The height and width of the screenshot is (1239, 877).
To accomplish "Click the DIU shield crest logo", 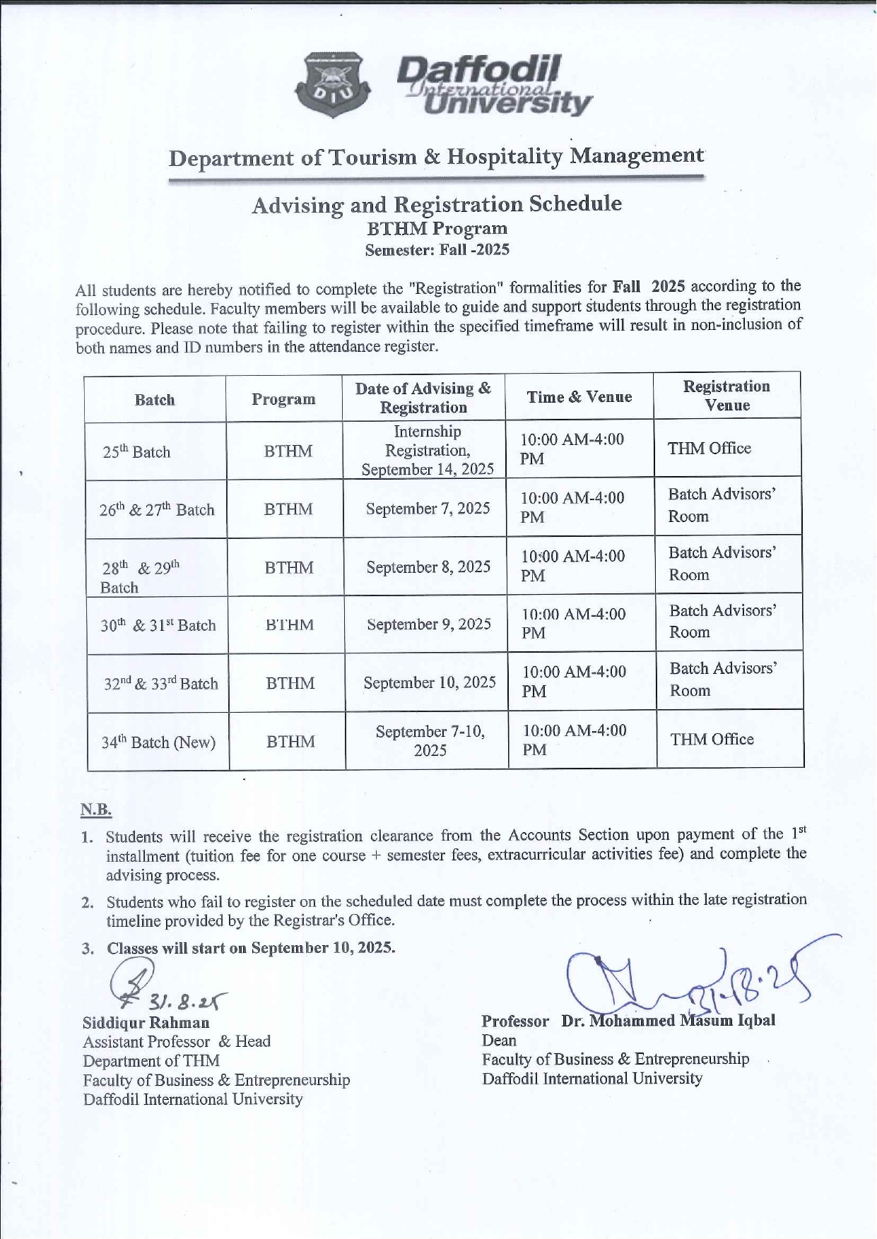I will (334, 85).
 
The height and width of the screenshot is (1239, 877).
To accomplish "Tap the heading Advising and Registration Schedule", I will (437, 204).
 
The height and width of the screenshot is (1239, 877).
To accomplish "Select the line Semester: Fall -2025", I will (437, 249).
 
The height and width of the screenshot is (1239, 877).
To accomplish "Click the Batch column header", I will (155, 400).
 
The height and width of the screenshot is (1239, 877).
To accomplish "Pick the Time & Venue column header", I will (579, 397).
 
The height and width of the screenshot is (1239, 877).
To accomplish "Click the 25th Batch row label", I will (136, 451).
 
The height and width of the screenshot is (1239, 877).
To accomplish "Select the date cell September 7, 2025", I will (428, 509).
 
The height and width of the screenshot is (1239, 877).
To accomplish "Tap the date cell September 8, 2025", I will (428, 567).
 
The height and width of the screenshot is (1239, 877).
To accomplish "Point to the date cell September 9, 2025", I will (429, 624).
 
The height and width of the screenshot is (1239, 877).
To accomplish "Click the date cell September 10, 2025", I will (430, 682).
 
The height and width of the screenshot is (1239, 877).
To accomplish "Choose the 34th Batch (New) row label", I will (158, 742).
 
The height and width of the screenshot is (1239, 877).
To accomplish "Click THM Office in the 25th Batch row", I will (710, 448).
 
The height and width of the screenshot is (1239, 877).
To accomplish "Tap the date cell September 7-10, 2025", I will (430, 740).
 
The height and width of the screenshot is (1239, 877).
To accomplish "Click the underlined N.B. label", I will (96, 810).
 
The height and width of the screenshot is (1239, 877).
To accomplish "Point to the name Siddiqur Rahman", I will (146, 1022).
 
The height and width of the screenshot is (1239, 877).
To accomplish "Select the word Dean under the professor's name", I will (499, 1040).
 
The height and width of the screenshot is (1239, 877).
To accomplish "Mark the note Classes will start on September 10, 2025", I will (251, 948).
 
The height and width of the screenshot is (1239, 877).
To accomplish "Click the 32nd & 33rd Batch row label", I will (160, 683).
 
